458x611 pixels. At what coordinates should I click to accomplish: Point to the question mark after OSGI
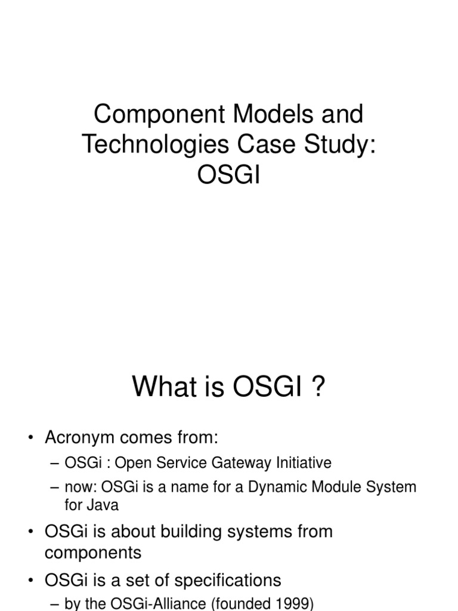click(318, 388)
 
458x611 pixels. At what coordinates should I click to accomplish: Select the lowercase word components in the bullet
click(93, 553)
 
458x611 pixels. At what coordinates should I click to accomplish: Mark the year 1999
click(287, 604)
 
